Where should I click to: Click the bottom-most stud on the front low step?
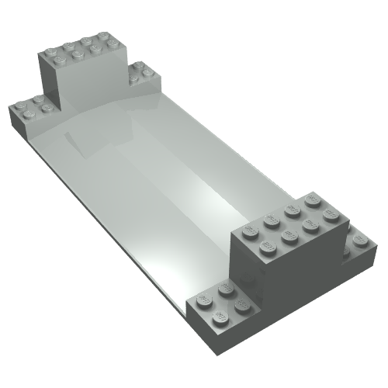(x=220, y=317)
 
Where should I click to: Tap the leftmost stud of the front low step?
(x=204, y=297)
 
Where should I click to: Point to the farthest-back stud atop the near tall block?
(x=312, y=199)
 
